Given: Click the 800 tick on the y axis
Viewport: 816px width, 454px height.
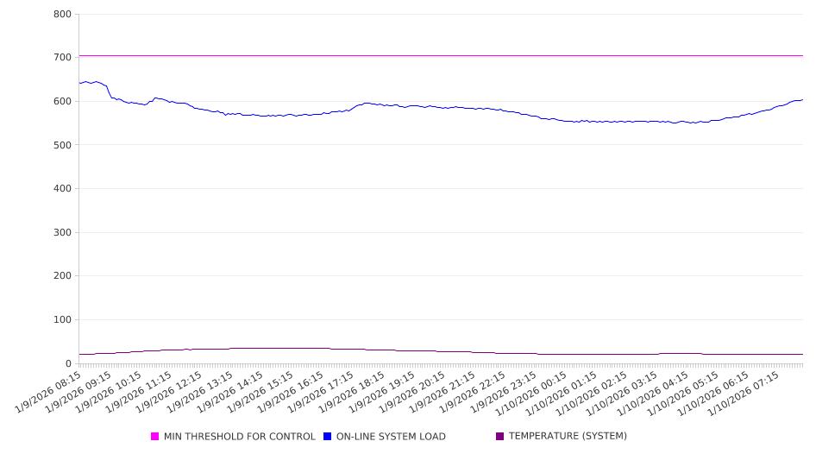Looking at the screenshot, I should tap(62, 14).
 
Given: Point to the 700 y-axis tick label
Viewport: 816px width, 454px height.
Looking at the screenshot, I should tap(62, 57).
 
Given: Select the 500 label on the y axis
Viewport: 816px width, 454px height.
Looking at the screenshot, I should tap(62, 145).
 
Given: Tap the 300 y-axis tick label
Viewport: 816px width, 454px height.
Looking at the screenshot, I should tap(62, 232).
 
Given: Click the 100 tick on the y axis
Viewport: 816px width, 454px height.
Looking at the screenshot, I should tap(62, 320).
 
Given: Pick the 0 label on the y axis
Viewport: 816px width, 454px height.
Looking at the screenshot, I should tap(67, 363).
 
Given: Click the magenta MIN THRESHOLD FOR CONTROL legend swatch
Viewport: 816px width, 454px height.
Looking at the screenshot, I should tap(155, 437).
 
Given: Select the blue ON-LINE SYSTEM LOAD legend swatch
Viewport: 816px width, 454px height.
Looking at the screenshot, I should tap(328, 437).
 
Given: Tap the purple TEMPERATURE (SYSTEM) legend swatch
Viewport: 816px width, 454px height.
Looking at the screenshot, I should tap(500, 437).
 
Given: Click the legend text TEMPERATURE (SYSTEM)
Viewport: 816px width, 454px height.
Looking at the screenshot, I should tap(568, 437).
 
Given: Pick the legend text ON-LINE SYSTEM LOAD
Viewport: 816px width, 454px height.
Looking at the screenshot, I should tap(391, 437).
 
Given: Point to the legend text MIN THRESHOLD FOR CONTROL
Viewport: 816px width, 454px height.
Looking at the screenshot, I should tap(240, 437).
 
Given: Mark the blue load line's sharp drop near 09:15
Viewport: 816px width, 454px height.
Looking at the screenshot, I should tap(109, 91).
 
